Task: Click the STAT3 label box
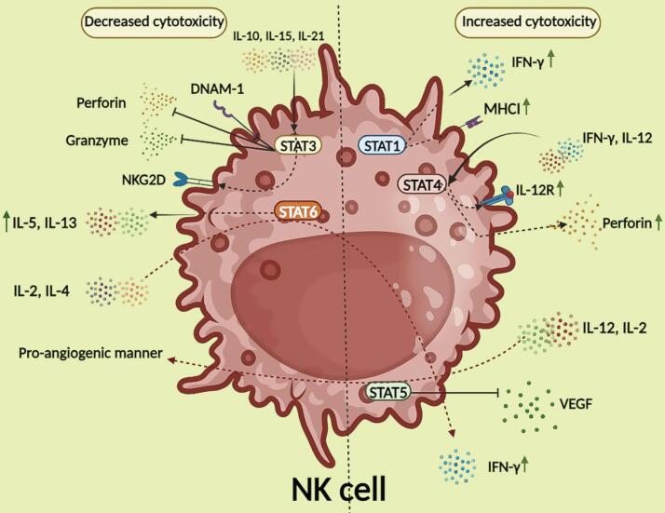coord(294,146)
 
